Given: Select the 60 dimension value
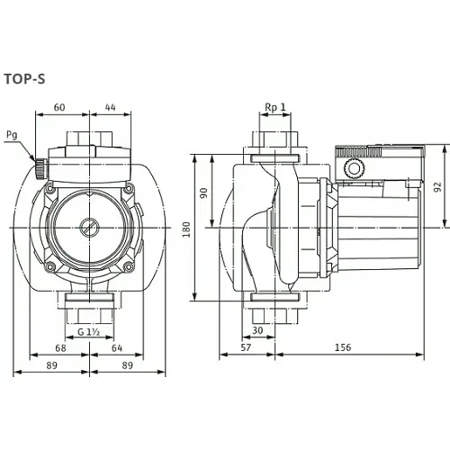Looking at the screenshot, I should pos(60,108).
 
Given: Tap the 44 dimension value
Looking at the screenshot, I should pos(111,108).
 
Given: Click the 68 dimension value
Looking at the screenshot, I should pos(60,347).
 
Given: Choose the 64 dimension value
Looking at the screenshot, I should pos(117,347).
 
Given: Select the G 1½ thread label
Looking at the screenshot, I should pos(88,332).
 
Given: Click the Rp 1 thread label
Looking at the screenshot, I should pos(274,108).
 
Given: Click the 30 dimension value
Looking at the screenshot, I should pos(259,330).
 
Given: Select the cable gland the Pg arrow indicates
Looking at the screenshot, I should pos(40,167).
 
